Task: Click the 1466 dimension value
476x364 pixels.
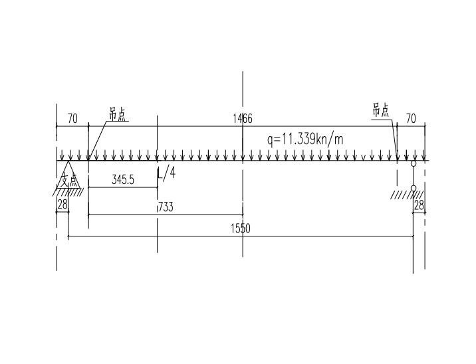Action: (243, 118)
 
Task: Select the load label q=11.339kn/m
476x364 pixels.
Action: (305, 139)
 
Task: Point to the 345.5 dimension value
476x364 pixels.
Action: (123, 180)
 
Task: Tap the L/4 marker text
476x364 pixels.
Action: (167, 174)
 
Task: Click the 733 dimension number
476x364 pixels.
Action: (166, 207)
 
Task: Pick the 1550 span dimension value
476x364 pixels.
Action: (241, 228)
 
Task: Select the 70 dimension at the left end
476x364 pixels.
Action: (72, 119)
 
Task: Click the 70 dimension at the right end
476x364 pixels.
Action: (411, 119)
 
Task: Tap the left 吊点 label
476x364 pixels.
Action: (117, 115)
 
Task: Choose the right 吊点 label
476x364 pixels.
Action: (381, 110)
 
